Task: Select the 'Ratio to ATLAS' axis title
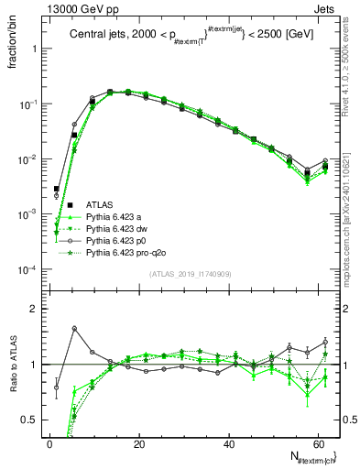pos(14,364)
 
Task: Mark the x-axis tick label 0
pos(49,444)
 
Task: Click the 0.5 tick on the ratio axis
pos(33,420)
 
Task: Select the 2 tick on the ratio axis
pos(38,310)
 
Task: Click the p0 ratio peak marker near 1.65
pos(74,328)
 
